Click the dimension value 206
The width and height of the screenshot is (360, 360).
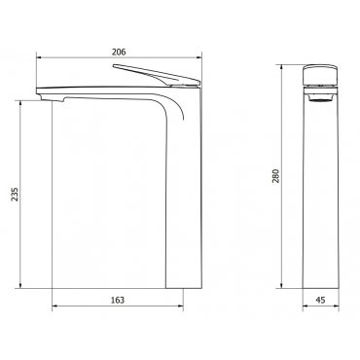tap(119, 52)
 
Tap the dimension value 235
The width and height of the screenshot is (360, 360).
tap(15, 195)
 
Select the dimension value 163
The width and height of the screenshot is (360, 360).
tap(118, 300)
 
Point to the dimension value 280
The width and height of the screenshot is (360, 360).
tap(275, 176)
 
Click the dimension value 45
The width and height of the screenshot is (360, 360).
tap(320, 300)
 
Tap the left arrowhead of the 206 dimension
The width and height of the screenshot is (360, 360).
tap(39, 57)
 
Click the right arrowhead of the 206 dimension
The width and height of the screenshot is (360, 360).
tap(198, 57)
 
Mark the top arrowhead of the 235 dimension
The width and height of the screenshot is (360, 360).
tap(20, 104)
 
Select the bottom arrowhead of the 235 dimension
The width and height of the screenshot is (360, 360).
tap(20, 285)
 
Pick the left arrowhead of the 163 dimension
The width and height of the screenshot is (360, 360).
tap(55, 306)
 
